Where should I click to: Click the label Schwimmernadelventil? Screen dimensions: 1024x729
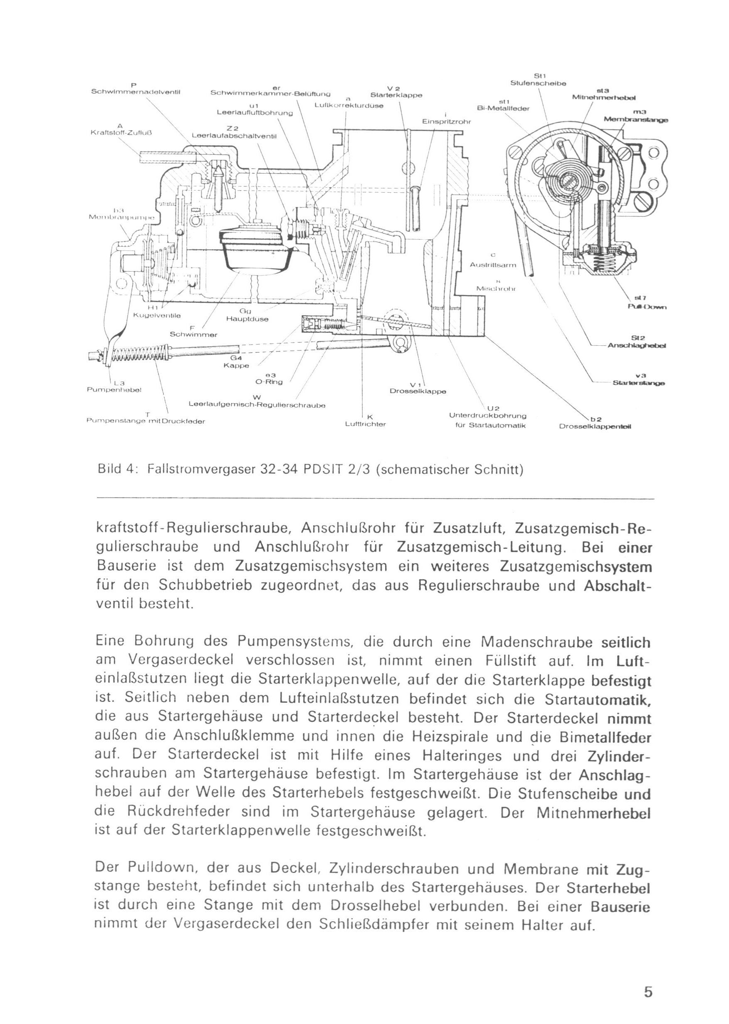click(136, 92)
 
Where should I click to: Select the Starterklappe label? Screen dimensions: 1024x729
click(396, 95)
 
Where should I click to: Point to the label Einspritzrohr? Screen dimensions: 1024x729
click(445, 121)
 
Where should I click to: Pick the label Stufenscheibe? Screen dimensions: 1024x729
click(538, 83)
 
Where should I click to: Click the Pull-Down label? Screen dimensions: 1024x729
click(647, 307)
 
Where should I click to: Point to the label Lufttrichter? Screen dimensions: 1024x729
click(365, 424)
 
